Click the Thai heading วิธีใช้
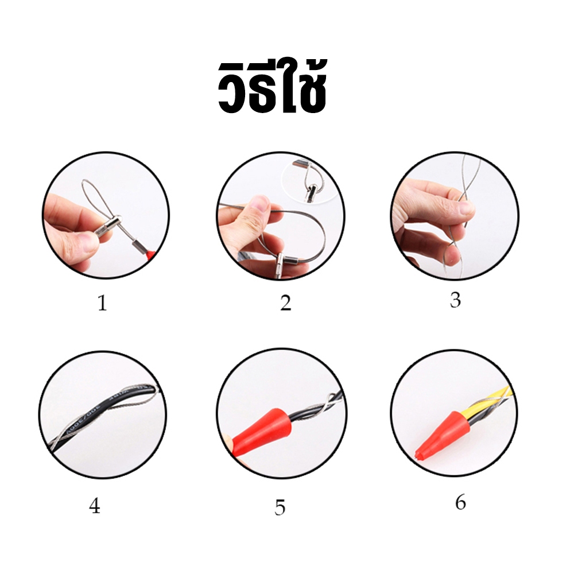[272, 87]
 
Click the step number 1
[102, 303]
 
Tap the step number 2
[285, 303]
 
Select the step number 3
[455, 300]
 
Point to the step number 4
[95, 506]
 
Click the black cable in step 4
[103, 417]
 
